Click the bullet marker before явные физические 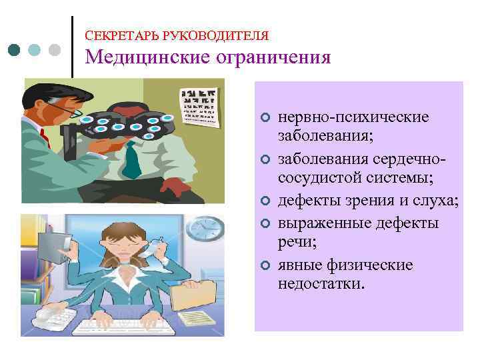pos(265,266)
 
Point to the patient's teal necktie pos(131,156)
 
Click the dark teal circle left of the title pos(15,49)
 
